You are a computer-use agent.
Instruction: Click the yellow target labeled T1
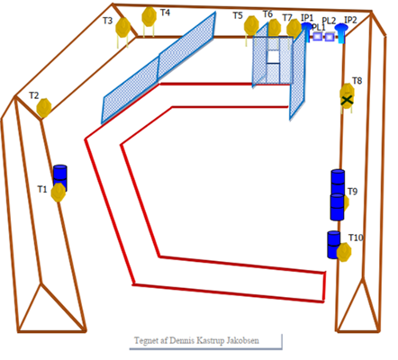(59, 193)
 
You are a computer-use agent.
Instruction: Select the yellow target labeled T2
(44, 108)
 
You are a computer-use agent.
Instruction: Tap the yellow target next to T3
(123, 27)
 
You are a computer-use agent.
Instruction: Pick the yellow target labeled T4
(149, 16)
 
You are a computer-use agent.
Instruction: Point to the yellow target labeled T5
(251, 25)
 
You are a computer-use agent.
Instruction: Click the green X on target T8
(347, 100)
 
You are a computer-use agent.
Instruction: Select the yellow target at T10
(344, 252)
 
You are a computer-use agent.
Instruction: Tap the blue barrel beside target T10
(333, 245)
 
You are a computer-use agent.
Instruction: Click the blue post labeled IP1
(307, 31)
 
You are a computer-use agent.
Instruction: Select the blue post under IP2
(341, 33)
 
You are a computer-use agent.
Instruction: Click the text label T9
(353, 192)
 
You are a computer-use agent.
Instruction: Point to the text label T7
(287, 18)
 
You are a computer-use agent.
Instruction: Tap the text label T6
(267, 14)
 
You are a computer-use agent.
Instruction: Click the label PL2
(329, 21)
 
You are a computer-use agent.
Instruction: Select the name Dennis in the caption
(182, 340)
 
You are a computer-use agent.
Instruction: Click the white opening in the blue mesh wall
(273, 57)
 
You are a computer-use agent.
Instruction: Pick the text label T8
(357, 81)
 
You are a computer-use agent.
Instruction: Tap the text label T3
(107, 21)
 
